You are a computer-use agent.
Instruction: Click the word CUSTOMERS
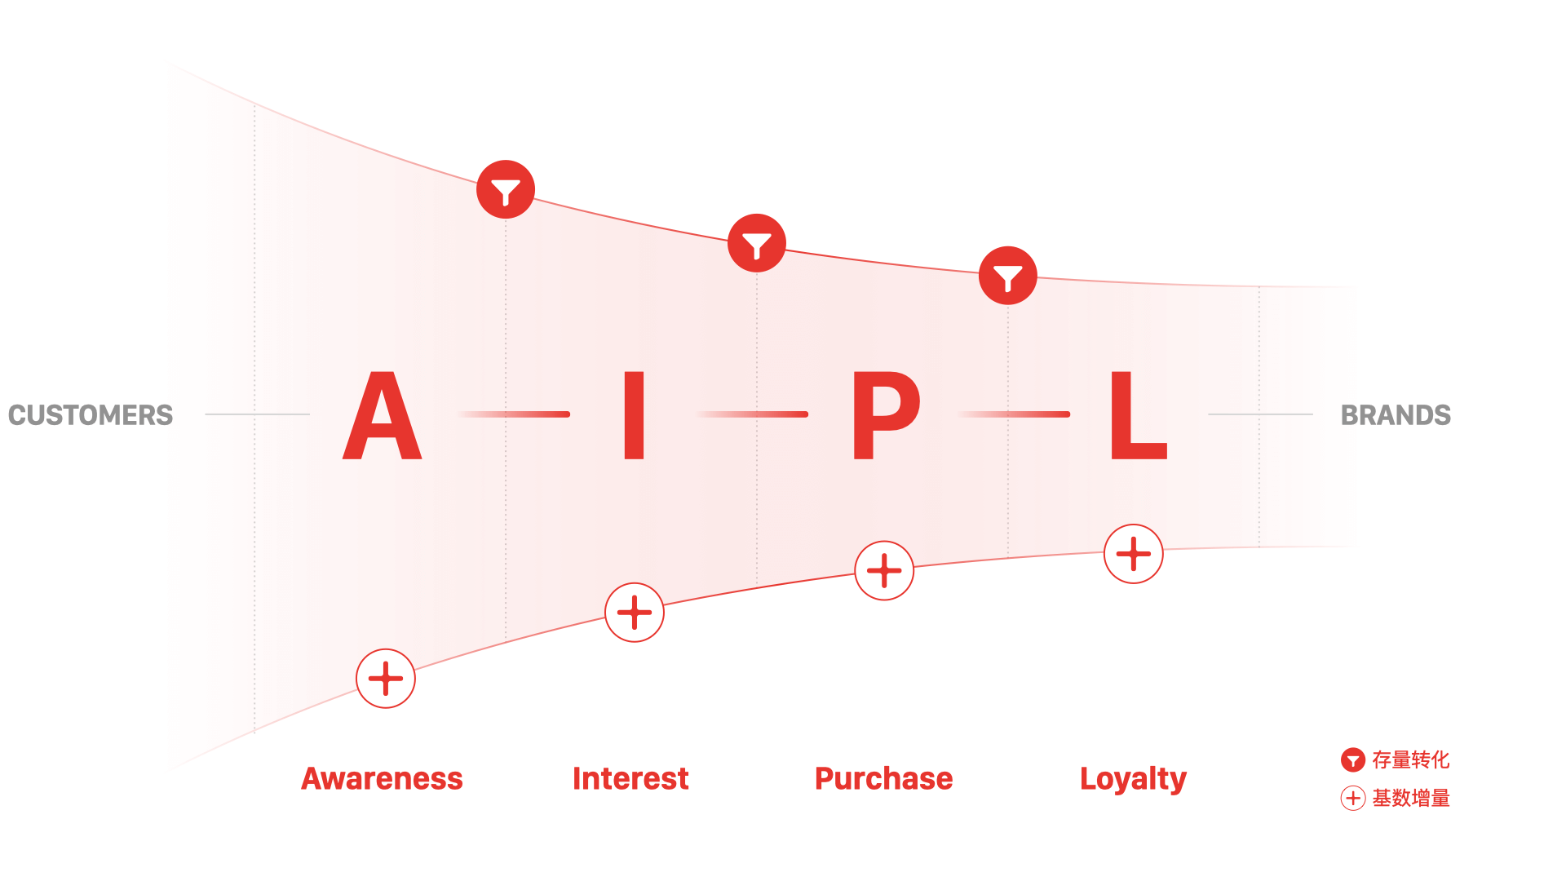(x=91, y=415)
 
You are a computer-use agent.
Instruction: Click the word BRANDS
(x=1396, y=415)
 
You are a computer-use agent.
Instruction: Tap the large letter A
(x=382, y=415)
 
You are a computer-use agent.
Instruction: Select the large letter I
(x=635, y=415)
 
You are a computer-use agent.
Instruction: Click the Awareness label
(x=382, y=779)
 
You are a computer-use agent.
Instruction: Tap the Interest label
(x=630, y=779)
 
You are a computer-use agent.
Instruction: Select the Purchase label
(x=883, y=779)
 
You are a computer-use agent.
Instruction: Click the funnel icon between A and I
(x=506, y=189)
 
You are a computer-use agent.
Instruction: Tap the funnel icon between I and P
(x=757, y=243)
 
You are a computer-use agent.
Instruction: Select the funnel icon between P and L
(x=1008, y=276)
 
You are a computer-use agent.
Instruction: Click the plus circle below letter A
(x=386, y=679)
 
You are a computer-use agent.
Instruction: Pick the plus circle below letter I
(x=635, y=613)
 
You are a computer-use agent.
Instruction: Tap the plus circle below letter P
(x=884, y=571)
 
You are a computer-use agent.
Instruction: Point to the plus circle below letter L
(x=1134, y=554)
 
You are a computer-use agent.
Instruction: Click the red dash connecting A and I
(x=514, y=414)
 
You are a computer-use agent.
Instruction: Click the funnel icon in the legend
(x=1353, y=760)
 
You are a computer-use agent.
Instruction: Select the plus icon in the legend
(x=1353, y=798)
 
